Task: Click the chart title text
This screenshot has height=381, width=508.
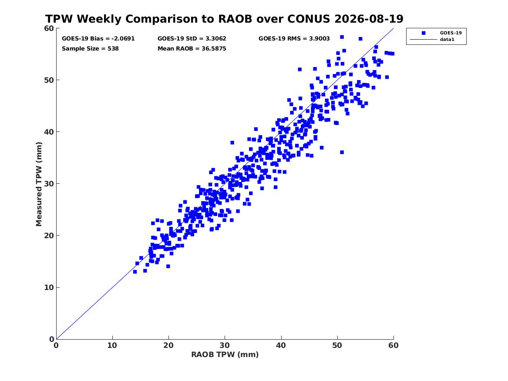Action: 224,19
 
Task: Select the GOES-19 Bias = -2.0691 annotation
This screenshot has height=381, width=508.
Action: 98,39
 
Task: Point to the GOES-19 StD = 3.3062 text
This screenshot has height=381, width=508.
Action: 192,39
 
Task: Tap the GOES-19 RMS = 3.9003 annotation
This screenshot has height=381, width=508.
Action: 294,39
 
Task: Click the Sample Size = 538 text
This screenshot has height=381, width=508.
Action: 90,49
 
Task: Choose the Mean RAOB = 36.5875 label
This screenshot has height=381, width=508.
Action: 192,49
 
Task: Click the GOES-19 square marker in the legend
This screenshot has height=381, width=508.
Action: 424,33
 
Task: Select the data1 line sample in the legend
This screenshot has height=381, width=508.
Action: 424,40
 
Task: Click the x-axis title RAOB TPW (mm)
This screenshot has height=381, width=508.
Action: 225,354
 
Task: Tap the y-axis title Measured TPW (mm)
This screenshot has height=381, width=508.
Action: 39,184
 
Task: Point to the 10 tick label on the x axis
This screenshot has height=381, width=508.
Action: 112,345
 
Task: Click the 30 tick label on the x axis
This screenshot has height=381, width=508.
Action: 225,345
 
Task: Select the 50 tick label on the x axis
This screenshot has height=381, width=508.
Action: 337,345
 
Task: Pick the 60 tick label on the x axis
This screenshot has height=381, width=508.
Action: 394,345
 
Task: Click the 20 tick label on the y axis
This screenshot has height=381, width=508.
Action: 49,236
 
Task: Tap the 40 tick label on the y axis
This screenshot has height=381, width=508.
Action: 49,132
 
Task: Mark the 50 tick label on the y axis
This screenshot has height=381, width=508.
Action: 49,80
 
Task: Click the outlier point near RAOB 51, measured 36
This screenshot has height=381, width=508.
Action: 342,152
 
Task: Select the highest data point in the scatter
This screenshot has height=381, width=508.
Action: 342,37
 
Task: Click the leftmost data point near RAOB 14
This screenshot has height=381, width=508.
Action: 135,272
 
